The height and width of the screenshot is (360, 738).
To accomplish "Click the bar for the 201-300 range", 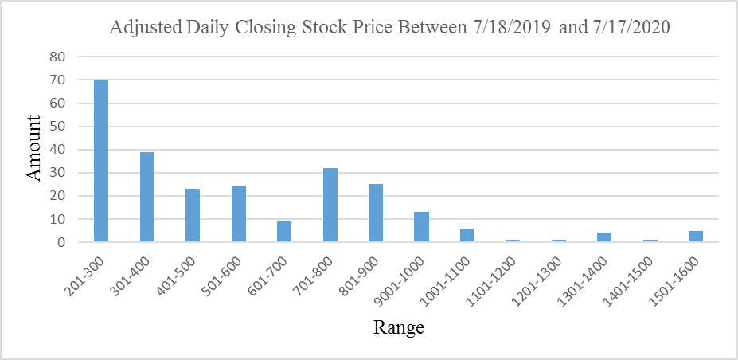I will click(101, 160).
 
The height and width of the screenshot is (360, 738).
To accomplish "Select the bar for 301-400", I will click(146, 197).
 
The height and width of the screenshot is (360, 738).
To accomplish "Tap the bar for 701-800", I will click(330, 205).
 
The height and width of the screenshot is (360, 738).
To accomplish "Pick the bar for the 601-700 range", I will click(284, 232).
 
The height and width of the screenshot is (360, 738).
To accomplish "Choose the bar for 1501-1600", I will click(696, 236).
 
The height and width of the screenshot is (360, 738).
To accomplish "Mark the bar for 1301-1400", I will click(604, 237).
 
